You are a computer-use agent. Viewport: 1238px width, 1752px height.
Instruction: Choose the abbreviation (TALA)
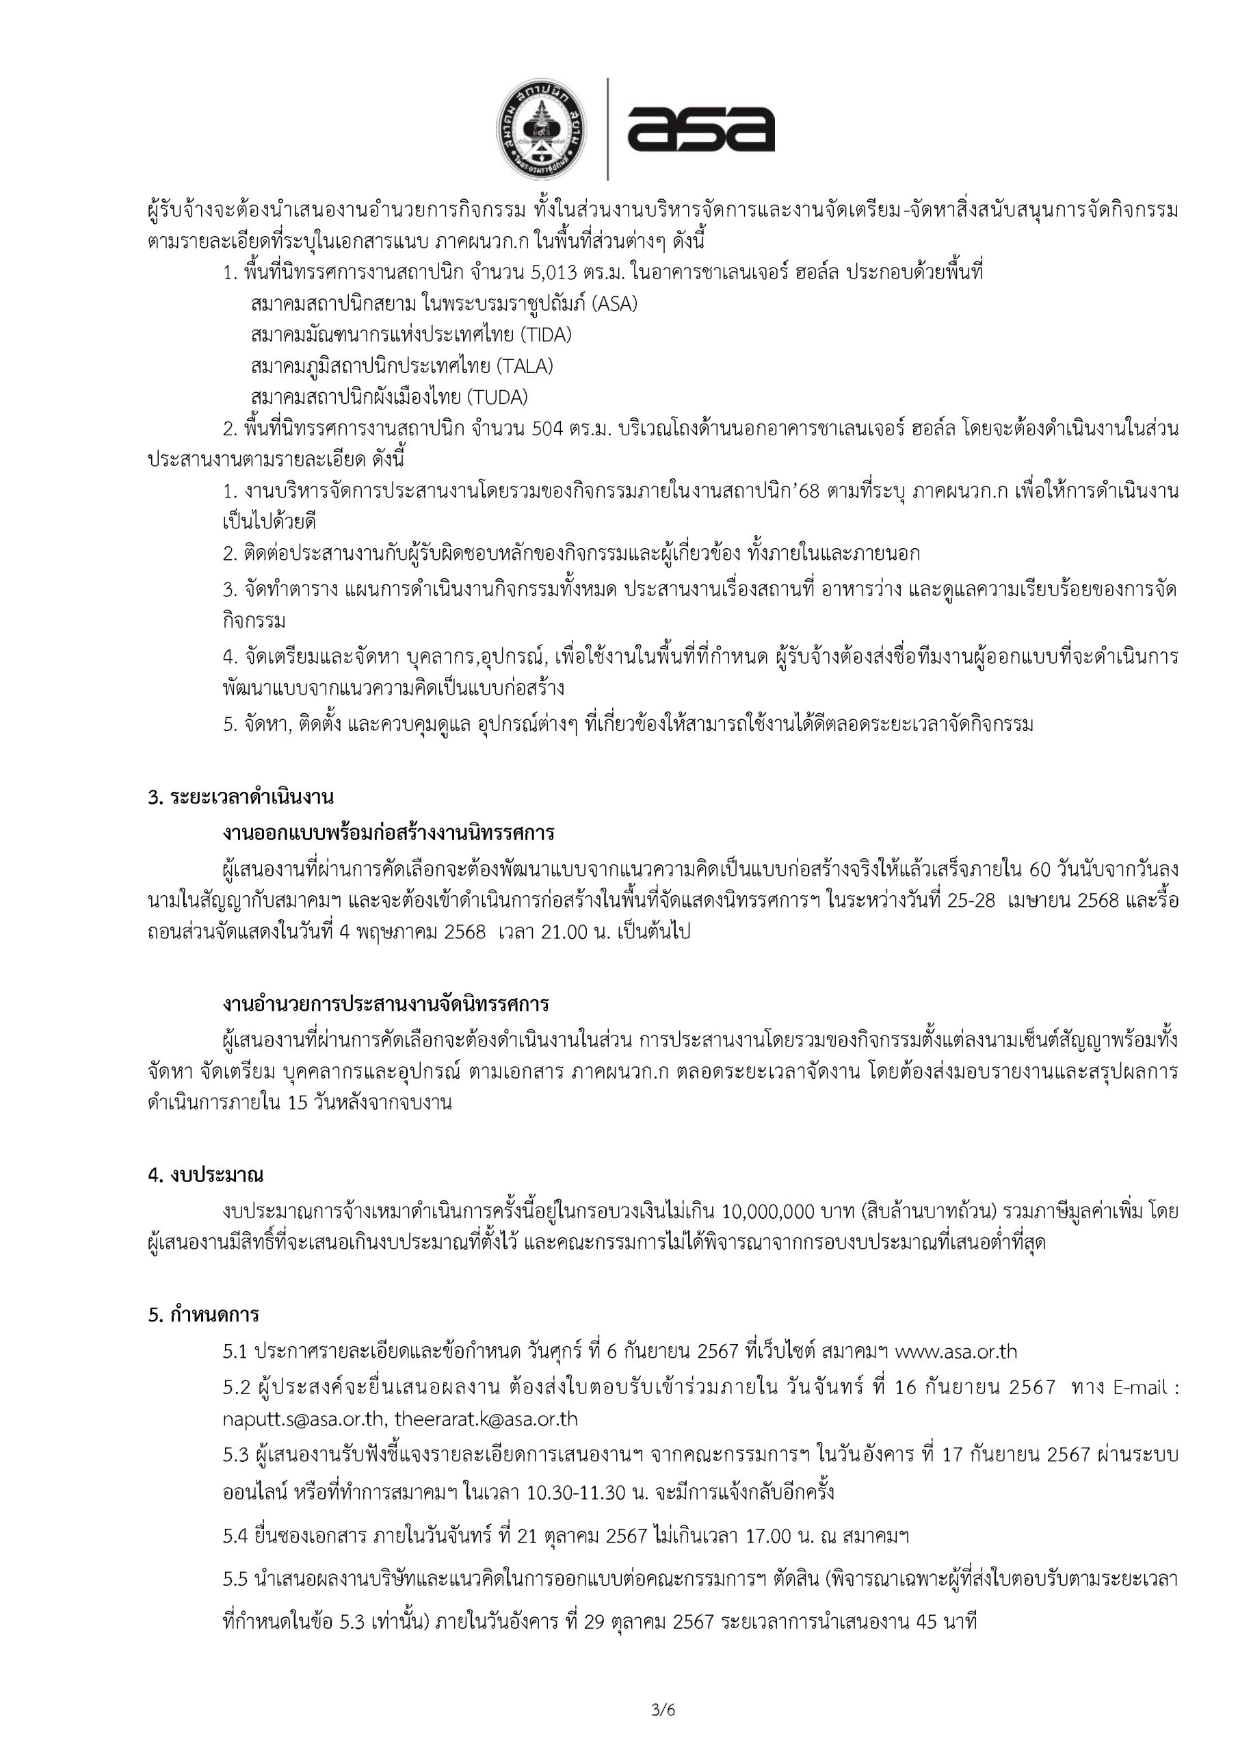pos(525,366)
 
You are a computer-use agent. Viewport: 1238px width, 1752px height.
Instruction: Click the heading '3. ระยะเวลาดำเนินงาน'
pos(240,798)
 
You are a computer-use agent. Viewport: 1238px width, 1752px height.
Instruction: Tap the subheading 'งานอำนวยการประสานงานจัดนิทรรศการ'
pos(386,1004)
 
